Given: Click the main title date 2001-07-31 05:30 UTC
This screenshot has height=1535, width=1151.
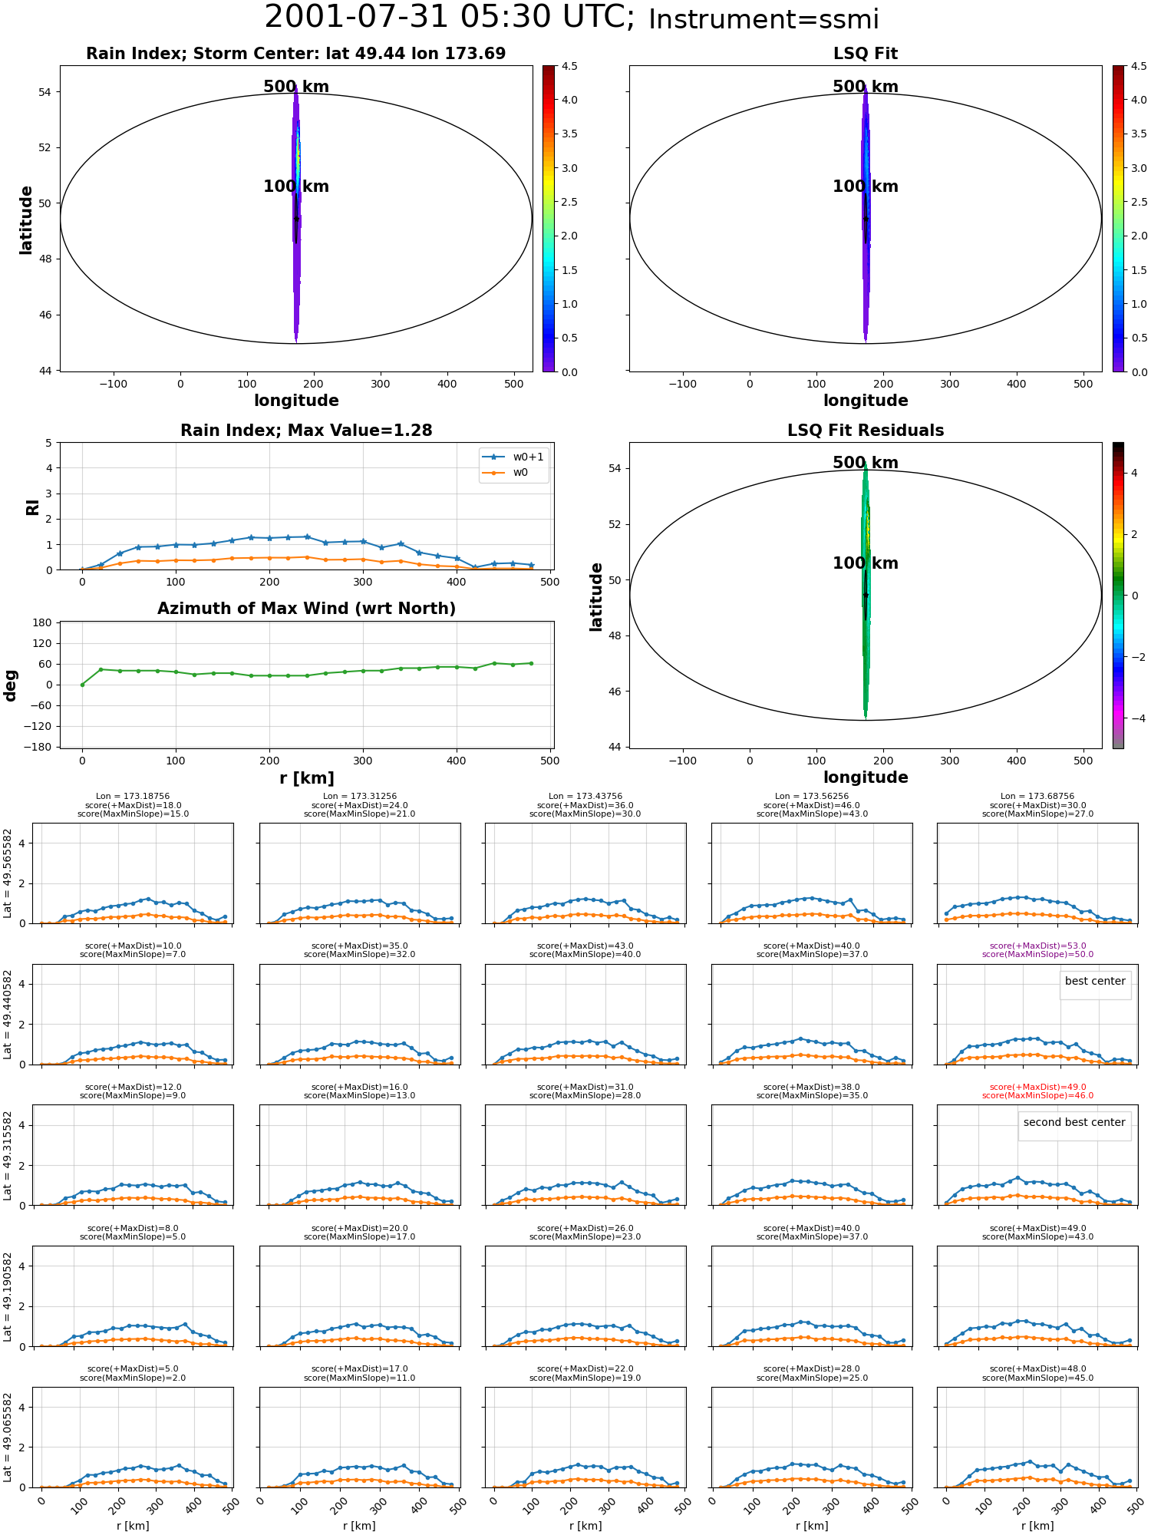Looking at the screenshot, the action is tap(450, 17).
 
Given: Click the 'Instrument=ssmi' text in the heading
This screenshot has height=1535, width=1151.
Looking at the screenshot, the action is tap(763, 19).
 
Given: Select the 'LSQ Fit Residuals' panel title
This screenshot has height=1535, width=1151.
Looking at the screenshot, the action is tap(866, 431).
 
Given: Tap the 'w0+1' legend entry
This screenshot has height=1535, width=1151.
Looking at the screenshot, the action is tap(528, 457).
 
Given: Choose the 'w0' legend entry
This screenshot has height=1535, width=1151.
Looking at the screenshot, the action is tap(520, 473).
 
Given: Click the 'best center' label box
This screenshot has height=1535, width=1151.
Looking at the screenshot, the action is tap(1095, 982).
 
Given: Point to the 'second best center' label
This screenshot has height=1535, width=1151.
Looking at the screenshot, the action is tap(1074, 1123).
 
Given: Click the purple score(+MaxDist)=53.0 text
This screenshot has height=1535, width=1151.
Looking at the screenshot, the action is tap(1037, 946).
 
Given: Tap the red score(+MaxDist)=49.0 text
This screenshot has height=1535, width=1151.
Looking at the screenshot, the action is tap(1037, 1088).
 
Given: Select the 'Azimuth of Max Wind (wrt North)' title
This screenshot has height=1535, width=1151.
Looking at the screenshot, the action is tap(307, 609).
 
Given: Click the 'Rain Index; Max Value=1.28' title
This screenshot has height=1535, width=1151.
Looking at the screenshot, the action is tap(307, 431).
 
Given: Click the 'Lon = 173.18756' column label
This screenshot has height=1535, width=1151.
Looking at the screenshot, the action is tap(133, 797).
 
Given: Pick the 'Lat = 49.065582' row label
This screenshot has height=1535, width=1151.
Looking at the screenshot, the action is tap(8, 1438).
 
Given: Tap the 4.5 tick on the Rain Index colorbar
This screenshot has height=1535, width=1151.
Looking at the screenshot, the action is tap(569, 67).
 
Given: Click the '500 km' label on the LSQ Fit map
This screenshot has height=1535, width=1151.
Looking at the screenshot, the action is tap(866, 87).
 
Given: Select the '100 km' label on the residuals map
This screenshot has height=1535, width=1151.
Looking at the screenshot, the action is tap(866, 563).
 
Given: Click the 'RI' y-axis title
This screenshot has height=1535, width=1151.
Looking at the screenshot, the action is tap(33, 507).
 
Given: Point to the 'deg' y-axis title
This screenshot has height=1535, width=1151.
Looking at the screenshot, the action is tap(11, 685).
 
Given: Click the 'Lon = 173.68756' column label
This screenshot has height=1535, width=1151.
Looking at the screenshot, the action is tap(1037, 797).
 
